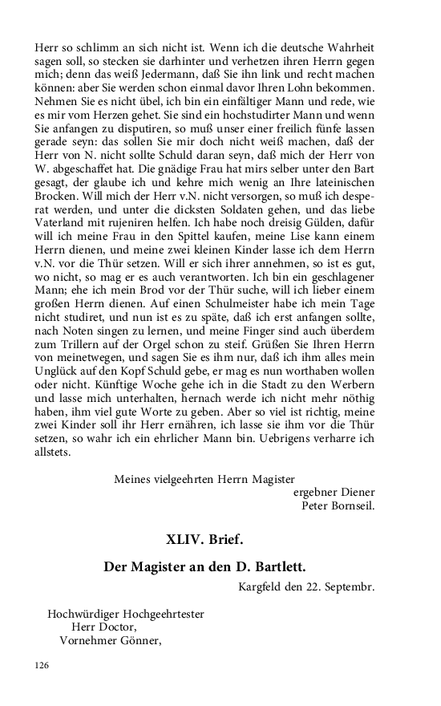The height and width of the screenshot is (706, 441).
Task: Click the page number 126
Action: [x=42, y=664]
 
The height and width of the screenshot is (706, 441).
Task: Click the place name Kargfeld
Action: [x=264, y=586]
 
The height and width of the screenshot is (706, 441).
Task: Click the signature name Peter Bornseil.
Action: [x=338, y=505]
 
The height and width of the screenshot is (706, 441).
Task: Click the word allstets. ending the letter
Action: [x=53, y=452]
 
